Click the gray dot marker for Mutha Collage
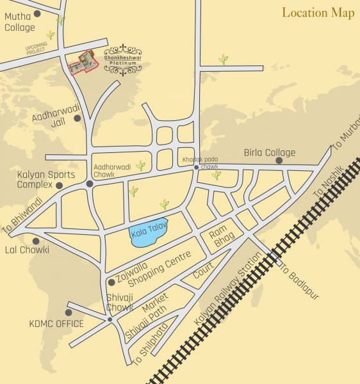(x=37, y=13)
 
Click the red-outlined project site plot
(x=81, y=63)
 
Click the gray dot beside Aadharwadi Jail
(x=78, y=118)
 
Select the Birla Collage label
(x=270, y=152)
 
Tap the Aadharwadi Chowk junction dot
(x=90, y=184)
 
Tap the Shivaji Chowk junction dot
(x=110, y=319)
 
